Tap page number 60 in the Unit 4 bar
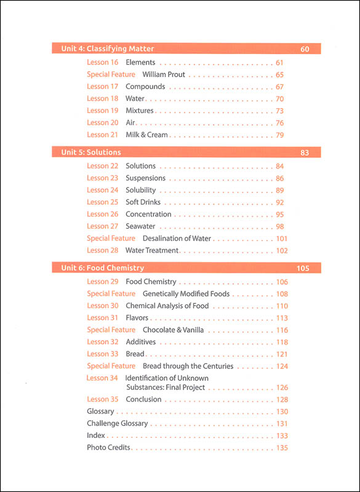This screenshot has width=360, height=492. (305, 49)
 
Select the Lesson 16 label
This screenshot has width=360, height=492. (103, 63)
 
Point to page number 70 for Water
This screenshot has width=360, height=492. (279, 99)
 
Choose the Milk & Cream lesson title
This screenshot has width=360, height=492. (146, 135)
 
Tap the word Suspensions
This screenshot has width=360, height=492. (146, 178)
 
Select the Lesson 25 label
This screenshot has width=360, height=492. (103, 202)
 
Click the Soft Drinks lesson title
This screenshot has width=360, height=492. (144, 202)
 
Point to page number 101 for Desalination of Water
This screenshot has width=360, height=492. (282, 239)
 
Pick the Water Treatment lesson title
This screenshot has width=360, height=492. (152, 250)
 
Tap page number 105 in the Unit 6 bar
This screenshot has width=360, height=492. (303, 268)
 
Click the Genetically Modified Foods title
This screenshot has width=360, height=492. (186, 294)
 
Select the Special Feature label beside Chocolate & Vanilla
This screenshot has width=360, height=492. (111, 330)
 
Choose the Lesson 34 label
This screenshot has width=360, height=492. (102, 378)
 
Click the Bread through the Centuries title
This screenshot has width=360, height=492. (188, 367)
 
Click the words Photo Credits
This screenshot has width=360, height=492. (109, 448)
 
